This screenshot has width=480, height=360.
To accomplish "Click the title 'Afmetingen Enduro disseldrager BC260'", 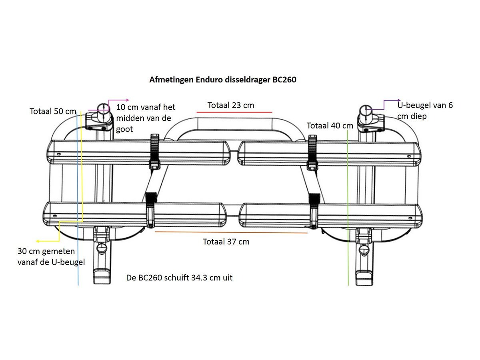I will (222, 80).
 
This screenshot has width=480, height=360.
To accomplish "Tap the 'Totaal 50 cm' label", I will (53, 111).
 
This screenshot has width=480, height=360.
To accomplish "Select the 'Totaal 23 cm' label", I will (231, 105).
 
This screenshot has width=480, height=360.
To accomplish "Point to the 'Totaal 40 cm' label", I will (330, 126).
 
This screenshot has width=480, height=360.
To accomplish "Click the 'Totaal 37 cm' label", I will (226, 242).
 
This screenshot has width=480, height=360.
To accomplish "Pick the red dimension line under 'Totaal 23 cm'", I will (234, 112).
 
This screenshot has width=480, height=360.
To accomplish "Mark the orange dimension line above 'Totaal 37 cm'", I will (231, 232).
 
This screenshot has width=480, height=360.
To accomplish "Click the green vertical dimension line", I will (348, 208).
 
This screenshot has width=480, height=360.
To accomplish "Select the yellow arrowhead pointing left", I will (38, 241).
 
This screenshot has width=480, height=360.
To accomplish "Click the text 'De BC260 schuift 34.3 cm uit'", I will (179, 277).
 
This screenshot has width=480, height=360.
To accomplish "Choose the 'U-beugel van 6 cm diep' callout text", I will (425, 111).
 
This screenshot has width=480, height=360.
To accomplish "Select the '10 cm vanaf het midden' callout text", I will (146, 118).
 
